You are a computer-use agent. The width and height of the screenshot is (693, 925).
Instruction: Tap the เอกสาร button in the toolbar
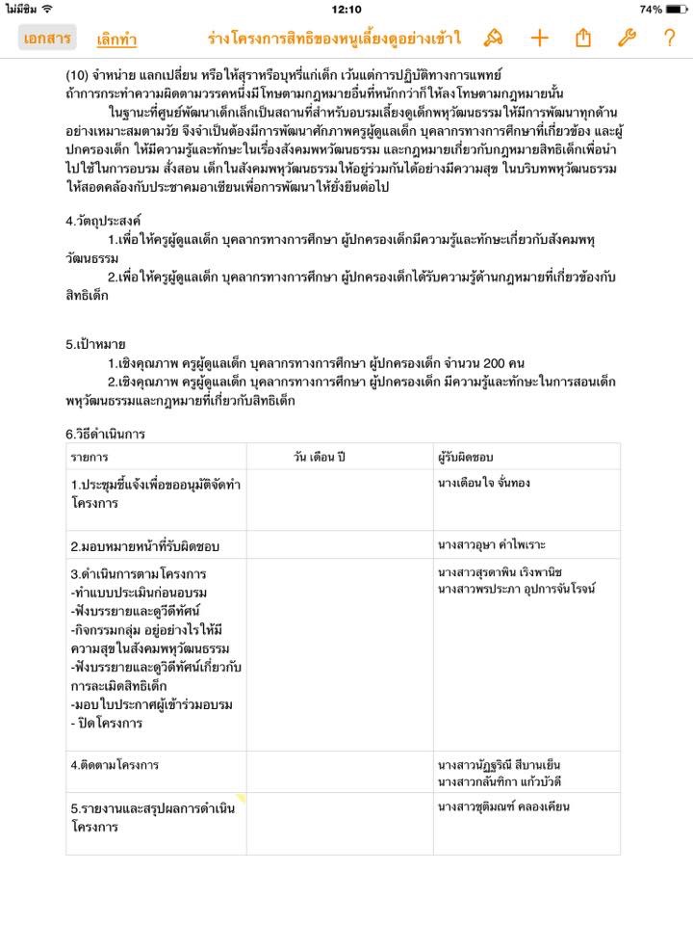pos(47,39)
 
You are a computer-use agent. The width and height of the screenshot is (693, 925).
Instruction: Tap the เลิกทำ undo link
pos(116,40)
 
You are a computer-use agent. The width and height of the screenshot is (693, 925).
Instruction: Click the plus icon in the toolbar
pos(539,39)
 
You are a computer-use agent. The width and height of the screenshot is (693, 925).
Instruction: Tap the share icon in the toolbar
pos(582,39)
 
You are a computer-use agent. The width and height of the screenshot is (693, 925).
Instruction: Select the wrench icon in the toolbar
pos(626,39)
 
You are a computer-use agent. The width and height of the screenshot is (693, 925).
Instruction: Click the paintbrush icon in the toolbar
pos(494,39)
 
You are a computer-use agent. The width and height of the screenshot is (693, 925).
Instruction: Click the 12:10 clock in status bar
pos(346,9)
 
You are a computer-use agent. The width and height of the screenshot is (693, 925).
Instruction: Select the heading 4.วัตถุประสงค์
pos(105,221)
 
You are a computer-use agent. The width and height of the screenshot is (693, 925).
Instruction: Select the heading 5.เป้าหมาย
pos(95,344)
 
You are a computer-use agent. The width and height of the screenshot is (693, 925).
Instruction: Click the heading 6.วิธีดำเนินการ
pos(105,434)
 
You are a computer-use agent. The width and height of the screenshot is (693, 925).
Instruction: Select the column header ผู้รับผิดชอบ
pos(466,456)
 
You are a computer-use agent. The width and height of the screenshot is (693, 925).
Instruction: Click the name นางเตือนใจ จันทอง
pos(483,483)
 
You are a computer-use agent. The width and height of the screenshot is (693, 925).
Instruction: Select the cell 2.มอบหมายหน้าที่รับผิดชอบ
pos(145,545)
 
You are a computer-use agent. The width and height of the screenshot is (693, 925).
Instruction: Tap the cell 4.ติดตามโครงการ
pos(115,765)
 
